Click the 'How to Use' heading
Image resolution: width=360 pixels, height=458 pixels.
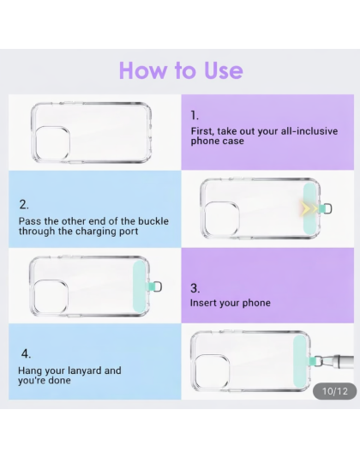pyautogui.click(x=181, y=70)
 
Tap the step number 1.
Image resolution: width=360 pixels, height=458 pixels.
pyautogui.click(x=195, y=116)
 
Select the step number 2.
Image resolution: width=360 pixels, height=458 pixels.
pyautogui.click(x=24, y=204)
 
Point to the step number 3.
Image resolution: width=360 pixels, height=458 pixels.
pyautogui.click(x=195, y=288)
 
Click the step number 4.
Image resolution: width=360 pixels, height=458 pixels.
pyautogui.click(x=26, y=353)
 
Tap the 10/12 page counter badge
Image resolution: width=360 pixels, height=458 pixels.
pyautogui.click(x=334, y=391)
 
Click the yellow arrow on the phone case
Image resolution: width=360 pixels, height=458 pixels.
pyautogui.click(x=309, y=209)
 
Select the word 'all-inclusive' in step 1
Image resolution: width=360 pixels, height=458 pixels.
pyautogui.click(x=309, y=131)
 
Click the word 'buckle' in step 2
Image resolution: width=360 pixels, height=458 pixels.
pyautogui.click(x=153, y=220)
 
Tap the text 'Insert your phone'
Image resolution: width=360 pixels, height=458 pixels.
pyautogui.click(x=230, y=303)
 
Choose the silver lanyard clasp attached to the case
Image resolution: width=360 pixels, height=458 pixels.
pyautogui.click(x=336, y=361)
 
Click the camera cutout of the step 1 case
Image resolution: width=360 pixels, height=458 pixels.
pyautogui.click(x=53, y=143)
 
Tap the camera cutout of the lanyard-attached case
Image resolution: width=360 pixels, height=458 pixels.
pyautogui.click(x=212, y=371)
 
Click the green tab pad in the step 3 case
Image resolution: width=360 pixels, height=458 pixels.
pyautogui.click(x=139, y=286)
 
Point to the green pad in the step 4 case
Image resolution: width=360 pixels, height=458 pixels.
pyautogui.click(x=299, y=361)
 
